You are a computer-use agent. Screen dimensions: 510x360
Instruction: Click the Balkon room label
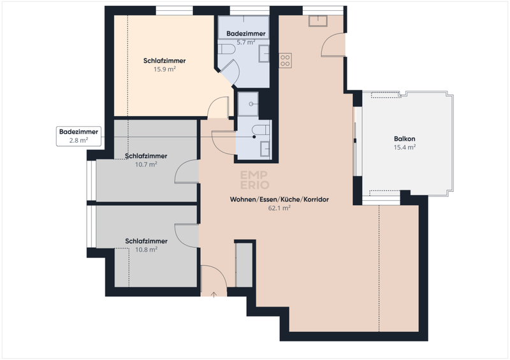pos(405,139)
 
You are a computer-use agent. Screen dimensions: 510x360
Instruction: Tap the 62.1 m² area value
pos(279,208)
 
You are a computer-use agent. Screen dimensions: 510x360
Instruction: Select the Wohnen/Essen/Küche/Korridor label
pos(279,199)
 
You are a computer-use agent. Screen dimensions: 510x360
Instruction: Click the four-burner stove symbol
pos(285,61)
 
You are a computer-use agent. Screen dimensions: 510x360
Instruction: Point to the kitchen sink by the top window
pos(318,21)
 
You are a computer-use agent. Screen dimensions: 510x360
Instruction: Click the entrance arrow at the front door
pos(214,294)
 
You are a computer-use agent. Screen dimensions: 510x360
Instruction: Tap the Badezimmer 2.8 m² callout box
pos(78,136)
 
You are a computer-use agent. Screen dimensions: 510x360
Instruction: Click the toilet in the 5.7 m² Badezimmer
pos(226,50)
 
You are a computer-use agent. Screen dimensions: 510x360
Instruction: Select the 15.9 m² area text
pos(165,69)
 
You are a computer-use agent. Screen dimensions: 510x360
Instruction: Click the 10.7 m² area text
pos(147,164)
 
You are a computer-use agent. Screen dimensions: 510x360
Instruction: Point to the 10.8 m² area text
pos(147,250)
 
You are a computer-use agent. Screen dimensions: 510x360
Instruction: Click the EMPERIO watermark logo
pos(254,180)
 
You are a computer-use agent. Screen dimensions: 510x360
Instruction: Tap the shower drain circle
pos(251,104)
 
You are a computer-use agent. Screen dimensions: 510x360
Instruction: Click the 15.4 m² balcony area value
pos(405,147)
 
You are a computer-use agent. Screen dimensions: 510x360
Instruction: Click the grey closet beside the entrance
pos(244,265)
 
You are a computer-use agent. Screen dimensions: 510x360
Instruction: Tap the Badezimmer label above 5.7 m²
pos(246,34)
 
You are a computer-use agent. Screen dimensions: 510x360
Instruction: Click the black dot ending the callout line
pos(254,137)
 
